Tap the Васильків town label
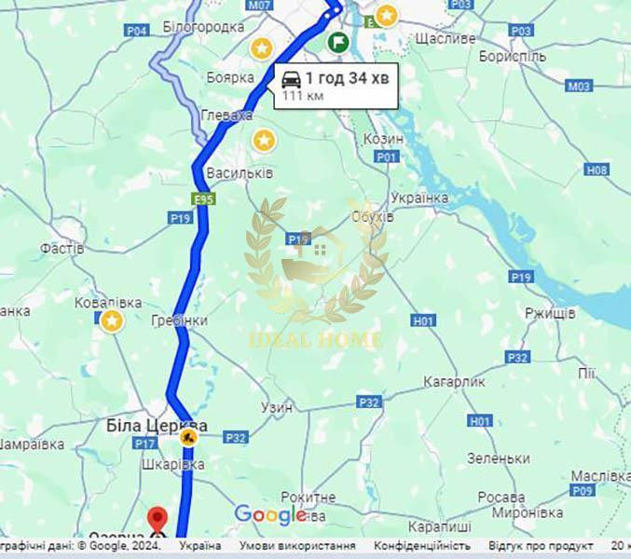(240, 173)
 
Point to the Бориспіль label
(512, 57)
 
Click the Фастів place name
(62, 249)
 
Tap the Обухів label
(373, 216)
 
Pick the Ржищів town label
(550, 313)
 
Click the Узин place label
(277, 407)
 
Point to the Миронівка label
(525, 513)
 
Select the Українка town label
(419, 198)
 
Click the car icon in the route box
(291, 79)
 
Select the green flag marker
(337, 42)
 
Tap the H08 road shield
(597, 170)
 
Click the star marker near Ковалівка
(112, 320)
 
